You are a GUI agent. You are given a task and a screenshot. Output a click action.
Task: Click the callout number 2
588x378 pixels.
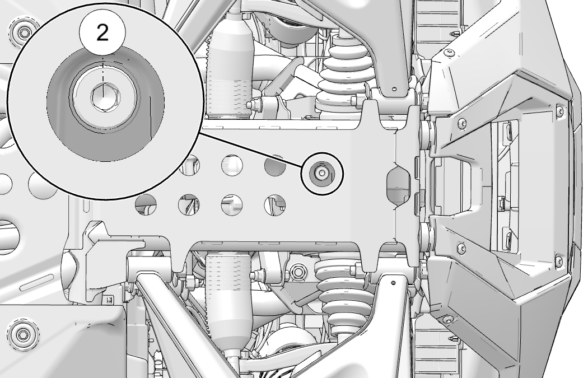(x=102, y=33)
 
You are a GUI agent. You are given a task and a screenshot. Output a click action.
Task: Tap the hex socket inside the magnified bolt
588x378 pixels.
(x=105, y=97)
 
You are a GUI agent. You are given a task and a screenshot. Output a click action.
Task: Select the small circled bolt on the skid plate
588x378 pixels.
(x=322, y=173)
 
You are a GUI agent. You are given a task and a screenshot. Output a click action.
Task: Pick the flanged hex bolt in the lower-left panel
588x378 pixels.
(x=24, y=333)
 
